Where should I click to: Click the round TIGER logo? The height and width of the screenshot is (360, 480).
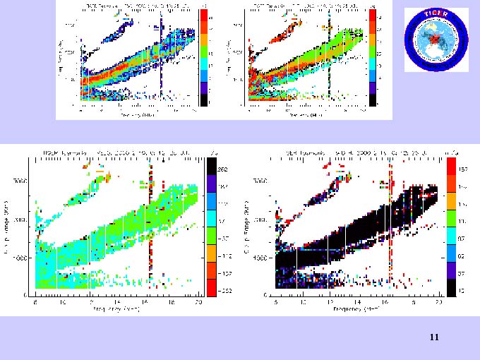436,40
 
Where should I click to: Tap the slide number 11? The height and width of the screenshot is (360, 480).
434,338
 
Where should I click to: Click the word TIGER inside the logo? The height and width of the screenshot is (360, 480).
436,16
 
